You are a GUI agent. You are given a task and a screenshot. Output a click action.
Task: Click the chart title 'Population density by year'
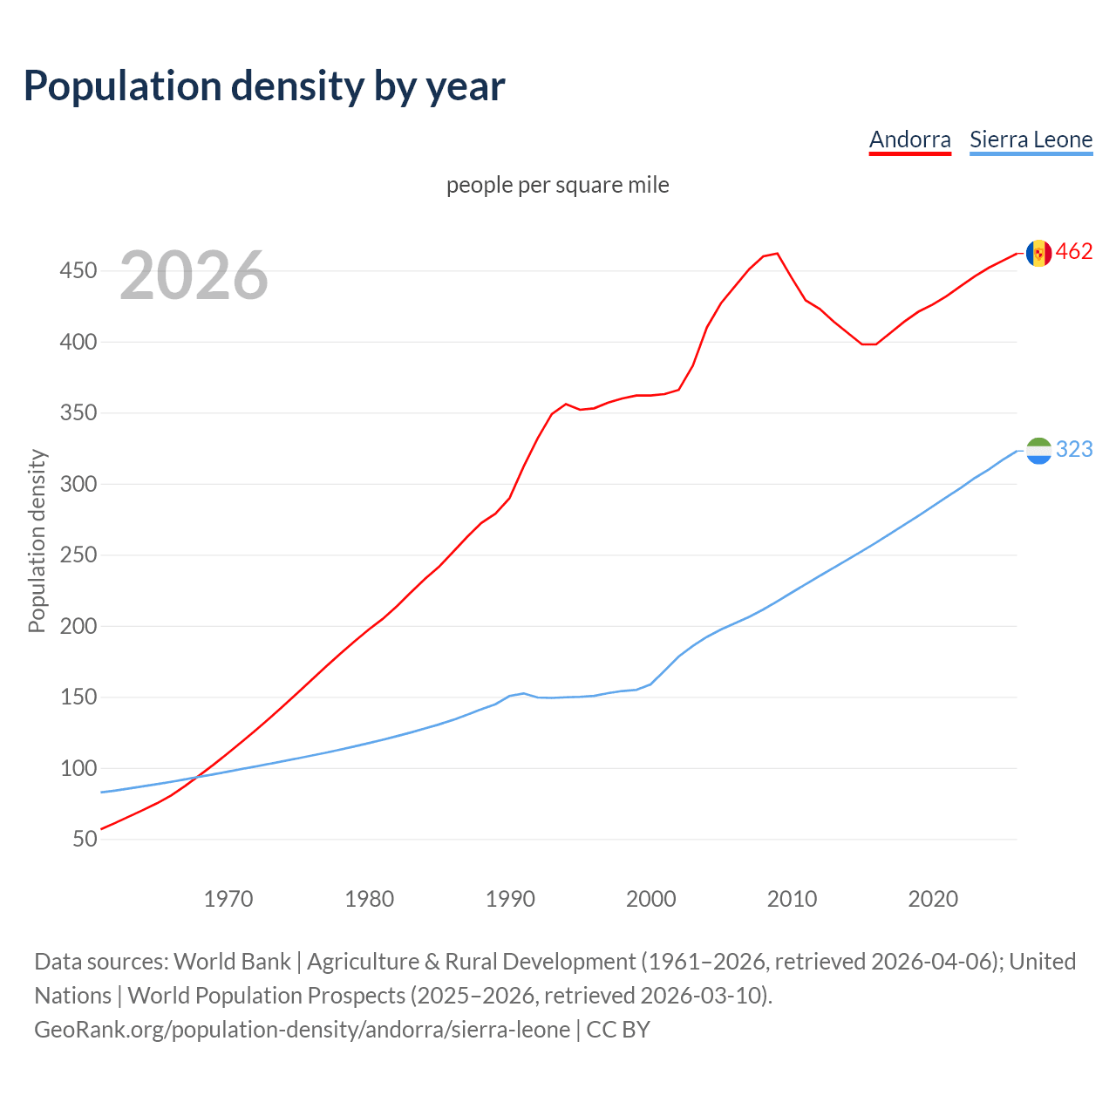coord(264,86)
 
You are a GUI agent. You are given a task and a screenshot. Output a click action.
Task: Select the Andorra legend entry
coord(909,139)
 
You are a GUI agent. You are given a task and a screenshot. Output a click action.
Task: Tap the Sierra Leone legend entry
coord(1031,139)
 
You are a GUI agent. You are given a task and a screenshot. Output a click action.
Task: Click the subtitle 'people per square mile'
coord(557,185)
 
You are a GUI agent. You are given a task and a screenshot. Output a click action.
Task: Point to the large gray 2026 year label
coord(194,276)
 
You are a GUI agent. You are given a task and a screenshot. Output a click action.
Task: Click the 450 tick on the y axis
coord(78,271)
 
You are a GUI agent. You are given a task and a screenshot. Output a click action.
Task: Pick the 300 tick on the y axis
coord(78,484)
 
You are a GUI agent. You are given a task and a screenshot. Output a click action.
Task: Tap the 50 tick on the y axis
coord(85,839)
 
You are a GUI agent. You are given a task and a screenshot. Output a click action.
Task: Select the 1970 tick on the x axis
coord(228,899)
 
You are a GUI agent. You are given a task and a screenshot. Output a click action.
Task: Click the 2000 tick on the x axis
coord(651,899)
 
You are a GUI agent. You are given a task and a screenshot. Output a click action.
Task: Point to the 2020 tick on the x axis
coord(933,899)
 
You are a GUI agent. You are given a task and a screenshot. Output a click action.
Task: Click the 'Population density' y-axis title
coord(37,541)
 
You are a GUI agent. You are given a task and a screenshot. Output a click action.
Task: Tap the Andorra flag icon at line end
coord(1038,253)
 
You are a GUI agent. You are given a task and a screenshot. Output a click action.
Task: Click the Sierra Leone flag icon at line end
coord(1038,451)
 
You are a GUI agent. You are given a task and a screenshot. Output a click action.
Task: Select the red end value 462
coord(1074,252)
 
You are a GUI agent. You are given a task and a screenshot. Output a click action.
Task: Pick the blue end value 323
coord(1074,449)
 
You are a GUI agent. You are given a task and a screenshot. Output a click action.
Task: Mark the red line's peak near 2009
coord(777,254)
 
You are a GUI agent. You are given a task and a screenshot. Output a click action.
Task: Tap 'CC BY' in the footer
coord(618,1030)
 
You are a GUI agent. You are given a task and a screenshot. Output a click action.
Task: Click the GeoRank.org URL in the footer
coord(302,1030)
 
